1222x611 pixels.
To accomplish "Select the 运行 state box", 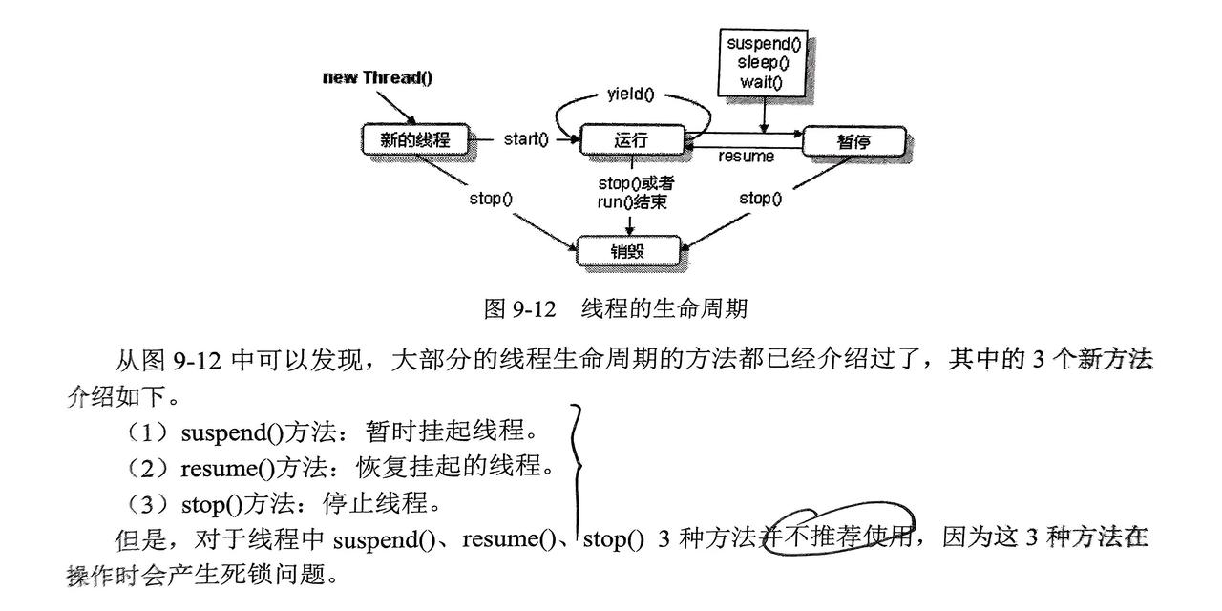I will pyautogui.click(x=631, y=140).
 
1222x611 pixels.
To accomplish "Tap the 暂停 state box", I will pyautogui.click(x=853, y=142).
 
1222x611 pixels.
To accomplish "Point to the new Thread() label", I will pyautogui.click(x=378, y=77).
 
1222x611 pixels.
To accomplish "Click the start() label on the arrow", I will pyautogui.click(x=526, y=140).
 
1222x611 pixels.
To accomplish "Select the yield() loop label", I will pyautogui.click(x=631, y=94).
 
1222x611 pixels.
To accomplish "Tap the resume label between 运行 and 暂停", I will pyautogui.click(x=746, y=156).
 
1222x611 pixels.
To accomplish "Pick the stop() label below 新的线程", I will pyautogui.click(x=491, y=199).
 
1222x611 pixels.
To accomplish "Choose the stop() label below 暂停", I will pyautogui.click(x=761, y=199).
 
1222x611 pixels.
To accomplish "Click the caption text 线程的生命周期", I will pyautogui.click(x=664, y=308).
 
